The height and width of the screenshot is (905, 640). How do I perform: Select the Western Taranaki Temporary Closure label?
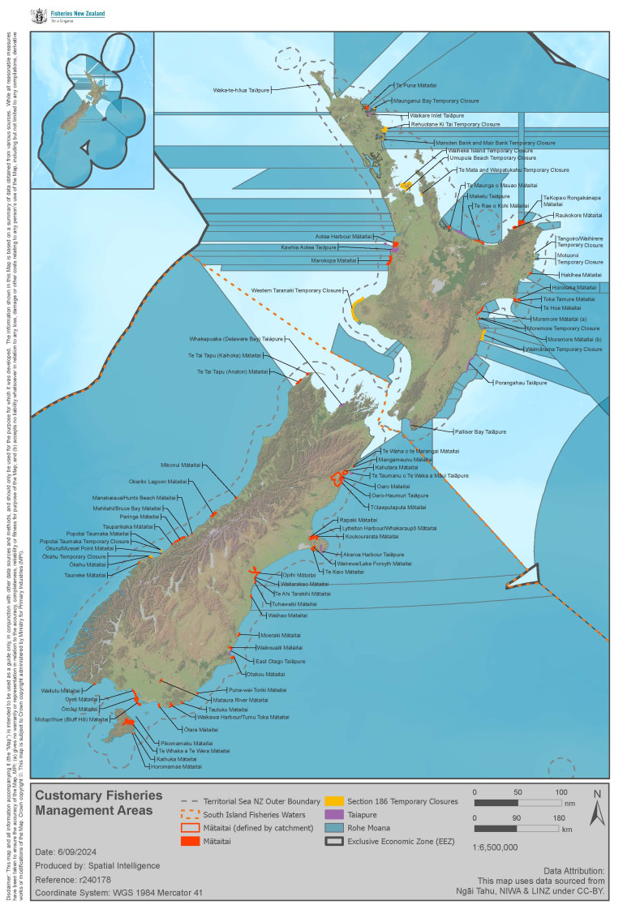tap(297, 290)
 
